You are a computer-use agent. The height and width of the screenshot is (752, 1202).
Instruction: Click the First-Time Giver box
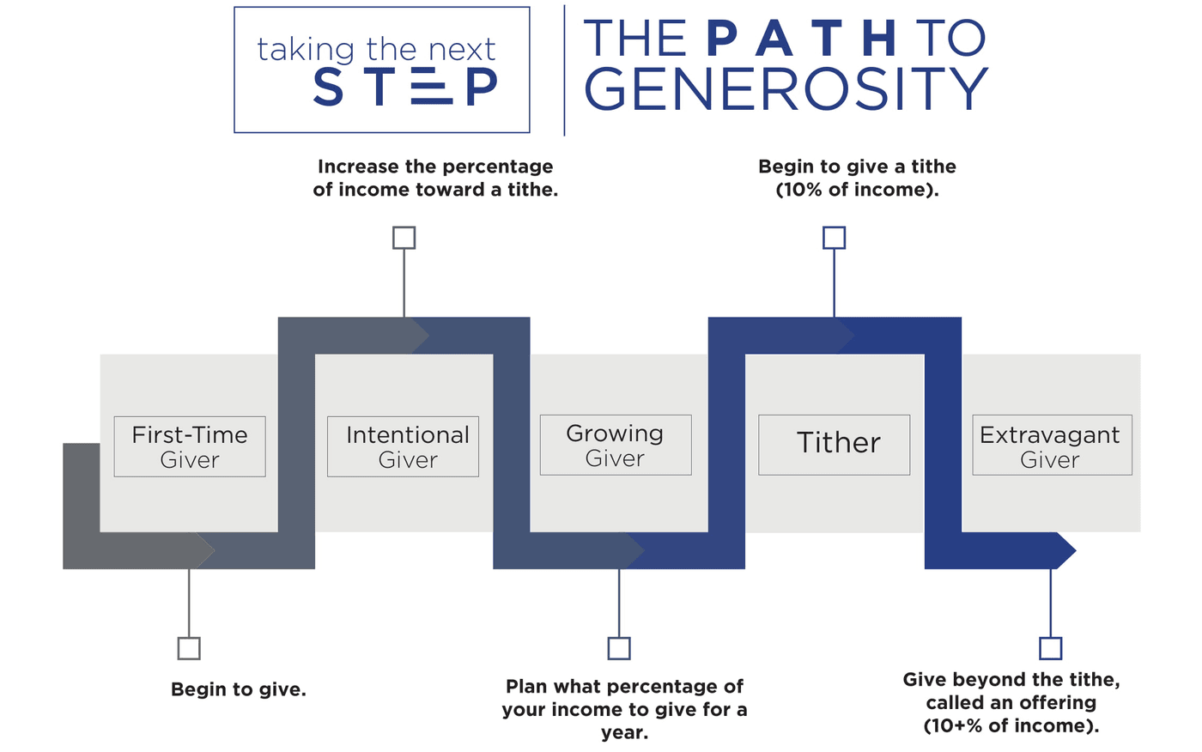click(190, 446)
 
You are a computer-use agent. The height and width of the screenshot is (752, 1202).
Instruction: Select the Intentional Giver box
click(403, 446)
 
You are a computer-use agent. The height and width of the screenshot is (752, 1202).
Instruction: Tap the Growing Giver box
click(616, 445)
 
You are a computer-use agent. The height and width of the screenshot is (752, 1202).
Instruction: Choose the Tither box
click(835, 445)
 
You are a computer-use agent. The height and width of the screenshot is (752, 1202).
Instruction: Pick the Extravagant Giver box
click(1053, 445)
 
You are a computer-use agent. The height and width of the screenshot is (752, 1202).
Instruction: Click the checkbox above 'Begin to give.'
click(189, 648)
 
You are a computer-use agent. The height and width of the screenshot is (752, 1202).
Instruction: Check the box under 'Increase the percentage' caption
click(404, 238)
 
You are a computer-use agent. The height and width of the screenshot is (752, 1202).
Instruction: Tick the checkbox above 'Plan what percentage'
click(619, 648)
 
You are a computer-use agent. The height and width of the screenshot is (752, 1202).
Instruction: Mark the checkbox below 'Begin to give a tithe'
click(834, 238)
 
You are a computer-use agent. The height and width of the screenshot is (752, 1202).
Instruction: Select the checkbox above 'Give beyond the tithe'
click(1050, 648)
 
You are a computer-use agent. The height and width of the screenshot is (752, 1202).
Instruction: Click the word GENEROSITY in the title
click(786, 88)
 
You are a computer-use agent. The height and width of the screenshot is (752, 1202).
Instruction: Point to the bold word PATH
click(801, 38)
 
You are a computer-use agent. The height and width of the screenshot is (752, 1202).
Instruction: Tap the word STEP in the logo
click(405, 87)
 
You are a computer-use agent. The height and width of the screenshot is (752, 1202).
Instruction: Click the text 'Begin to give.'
click(239, 689)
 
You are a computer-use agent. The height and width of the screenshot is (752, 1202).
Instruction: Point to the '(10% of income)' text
click(857, 190)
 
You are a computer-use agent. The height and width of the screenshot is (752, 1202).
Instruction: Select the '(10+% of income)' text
click(1011, 725)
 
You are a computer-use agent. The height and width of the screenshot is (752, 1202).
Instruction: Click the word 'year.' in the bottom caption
click(624, 733)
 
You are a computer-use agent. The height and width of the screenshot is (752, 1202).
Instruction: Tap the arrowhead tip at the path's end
click(1075, 550)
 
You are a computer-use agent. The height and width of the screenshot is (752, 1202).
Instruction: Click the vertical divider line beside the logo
click(564, 70)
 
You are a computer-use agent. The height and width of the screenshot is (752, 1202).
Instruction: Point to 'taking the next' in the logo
click(376, 49)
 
